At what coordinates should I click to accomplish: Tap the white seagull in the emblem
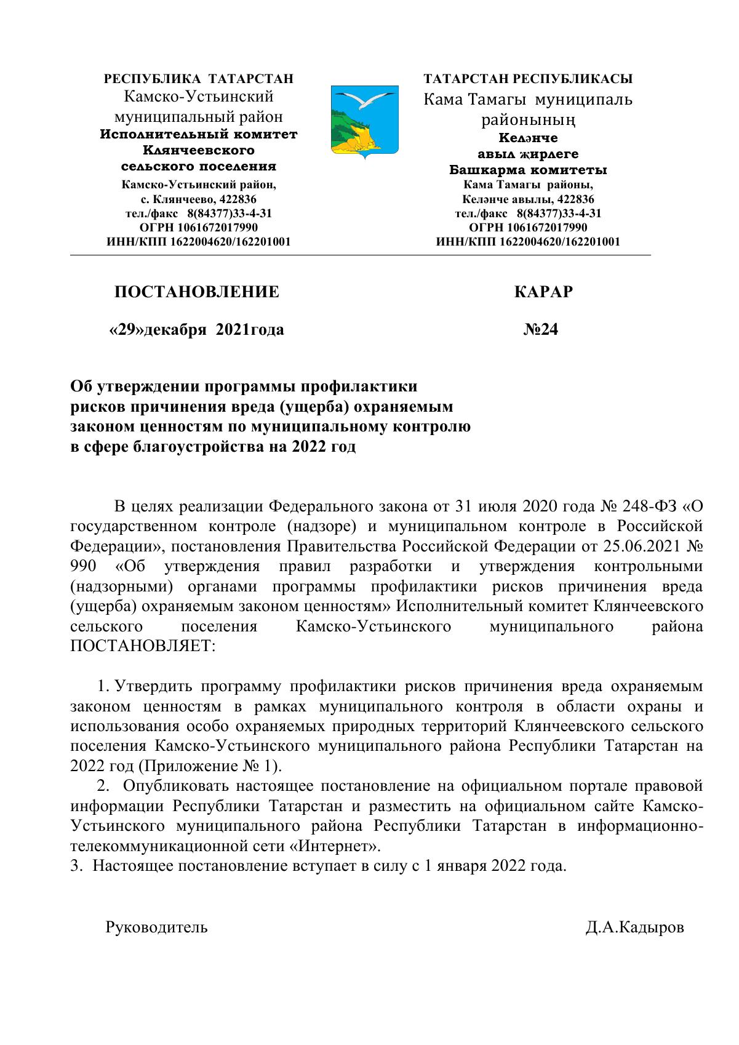[x=367, y=98]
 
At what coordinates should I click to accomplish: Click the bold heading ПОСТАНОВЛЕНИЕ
[x=196, y=292]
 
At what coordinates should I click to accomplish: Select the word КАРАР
[x=543, y=292]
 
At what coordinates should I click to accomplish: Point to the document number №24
[x=540, y=330]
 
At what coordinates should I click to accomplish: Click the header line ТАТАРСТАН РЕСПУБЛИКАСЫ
[x=528, y=79]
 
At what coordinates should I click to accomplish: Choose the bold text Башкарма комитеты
[x=528, y=170]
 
